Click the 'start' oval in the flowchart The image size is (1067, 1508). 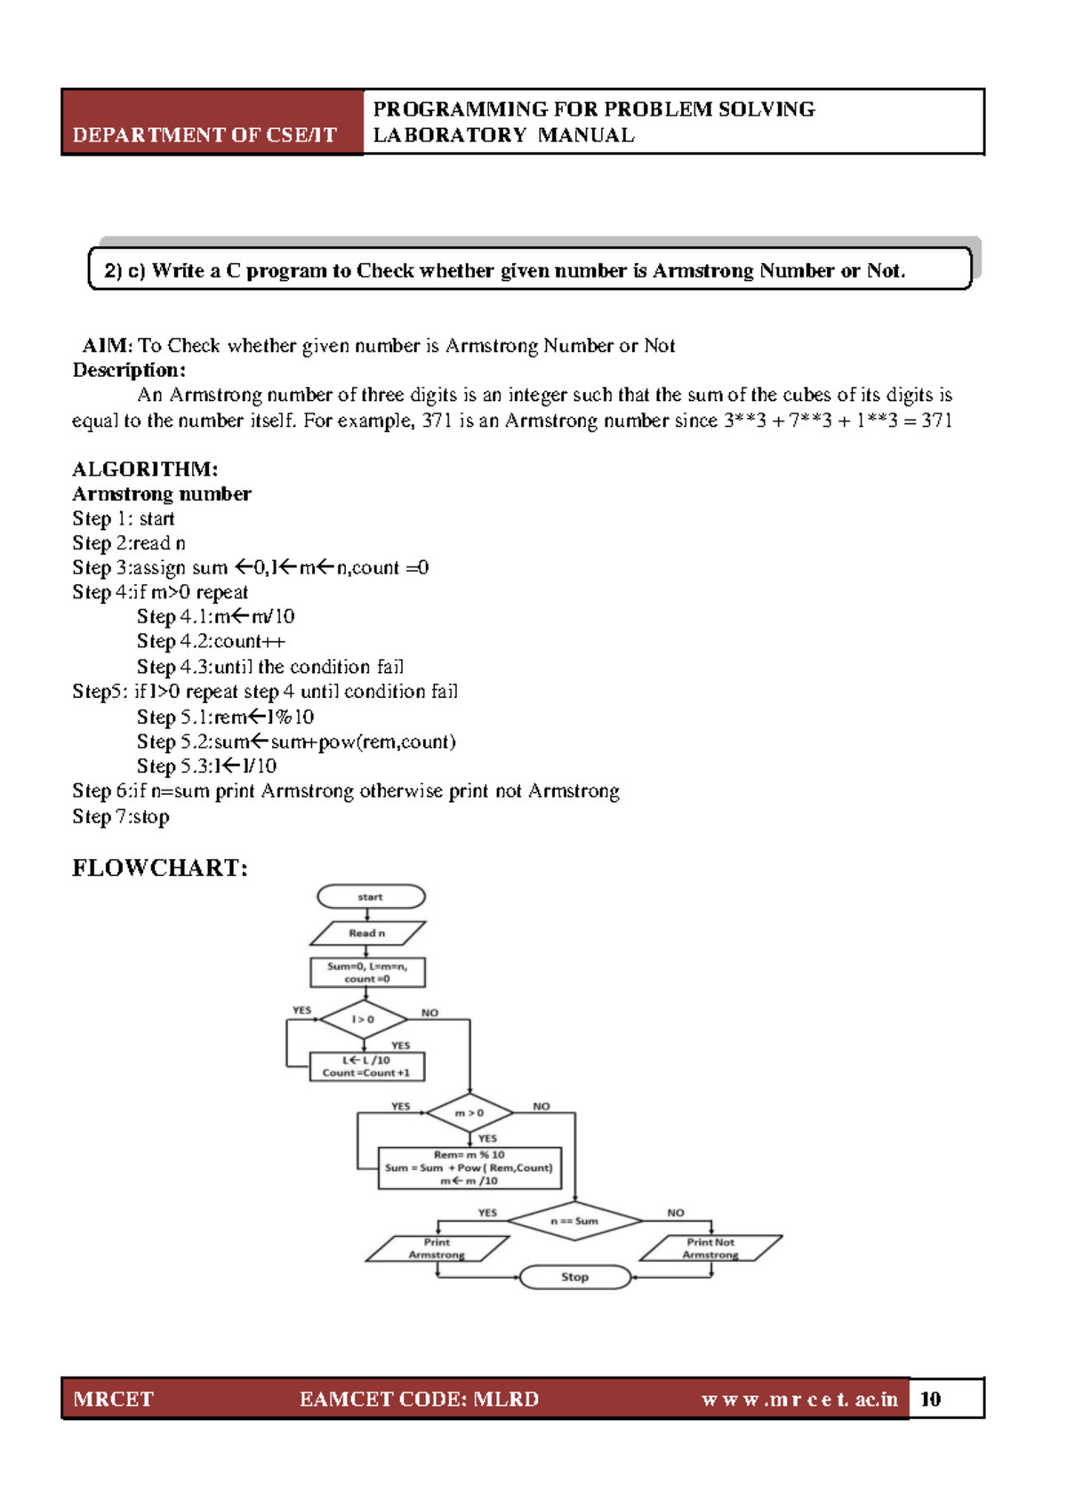(x=371, y=896)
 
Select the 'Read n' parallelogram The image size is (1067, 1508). (x=367, y=933)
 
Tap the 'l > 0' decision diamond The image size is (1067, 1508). (x=363, y=1019)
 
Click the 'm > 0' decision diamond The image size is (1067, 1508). (x=469, y=1112)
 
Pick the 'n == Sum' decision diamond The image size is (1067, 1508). (x=574, y=1221)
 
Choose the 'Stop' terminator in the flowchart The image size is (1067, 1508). (x=574, y=1277)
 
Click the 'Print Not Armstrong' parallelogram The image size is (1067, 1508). (x=710, y=1248)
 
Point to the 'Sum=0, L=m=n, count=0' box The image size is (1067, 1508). (x=367, y=972)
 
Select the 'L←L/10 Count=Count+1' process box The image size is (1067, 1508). (x=366, y=1066)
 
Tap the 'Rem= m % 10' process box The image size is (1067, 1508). (x=469, y=1167)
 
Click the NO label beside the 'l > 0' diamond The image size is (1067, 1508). (x=429, y=1013)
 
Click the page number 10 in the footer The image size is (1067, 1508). (x=930, y=1399)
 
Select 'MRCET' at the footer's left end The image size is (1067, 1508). (x=113, y=1399)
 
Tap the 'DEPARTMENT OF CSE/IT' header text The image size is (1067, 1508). (x=205, y=135)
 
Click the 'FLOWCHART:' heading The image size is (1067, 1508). (x=160, y=868)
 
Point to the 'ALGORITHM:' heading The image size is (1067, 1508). (x=145, y=469)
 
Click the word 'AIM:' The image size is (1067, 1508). (x=107, y=346)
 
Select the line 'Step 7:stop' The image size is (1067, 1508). (x=121, y=816)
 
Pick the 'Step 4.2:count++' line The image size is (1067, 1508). (x=211, y=641)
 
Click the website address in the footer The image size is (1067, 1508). (x=799, y=1399)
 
